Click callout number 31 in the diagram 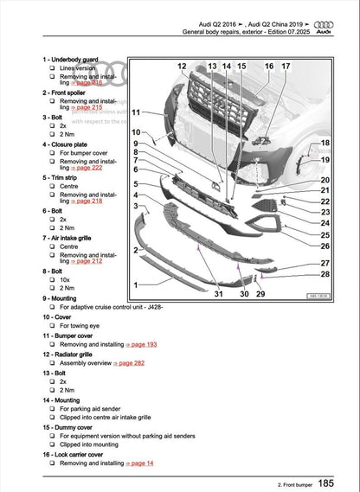pos(219,295)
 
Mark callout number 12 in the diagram pos(182,67)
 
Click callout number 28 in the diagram pos(325,274)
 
